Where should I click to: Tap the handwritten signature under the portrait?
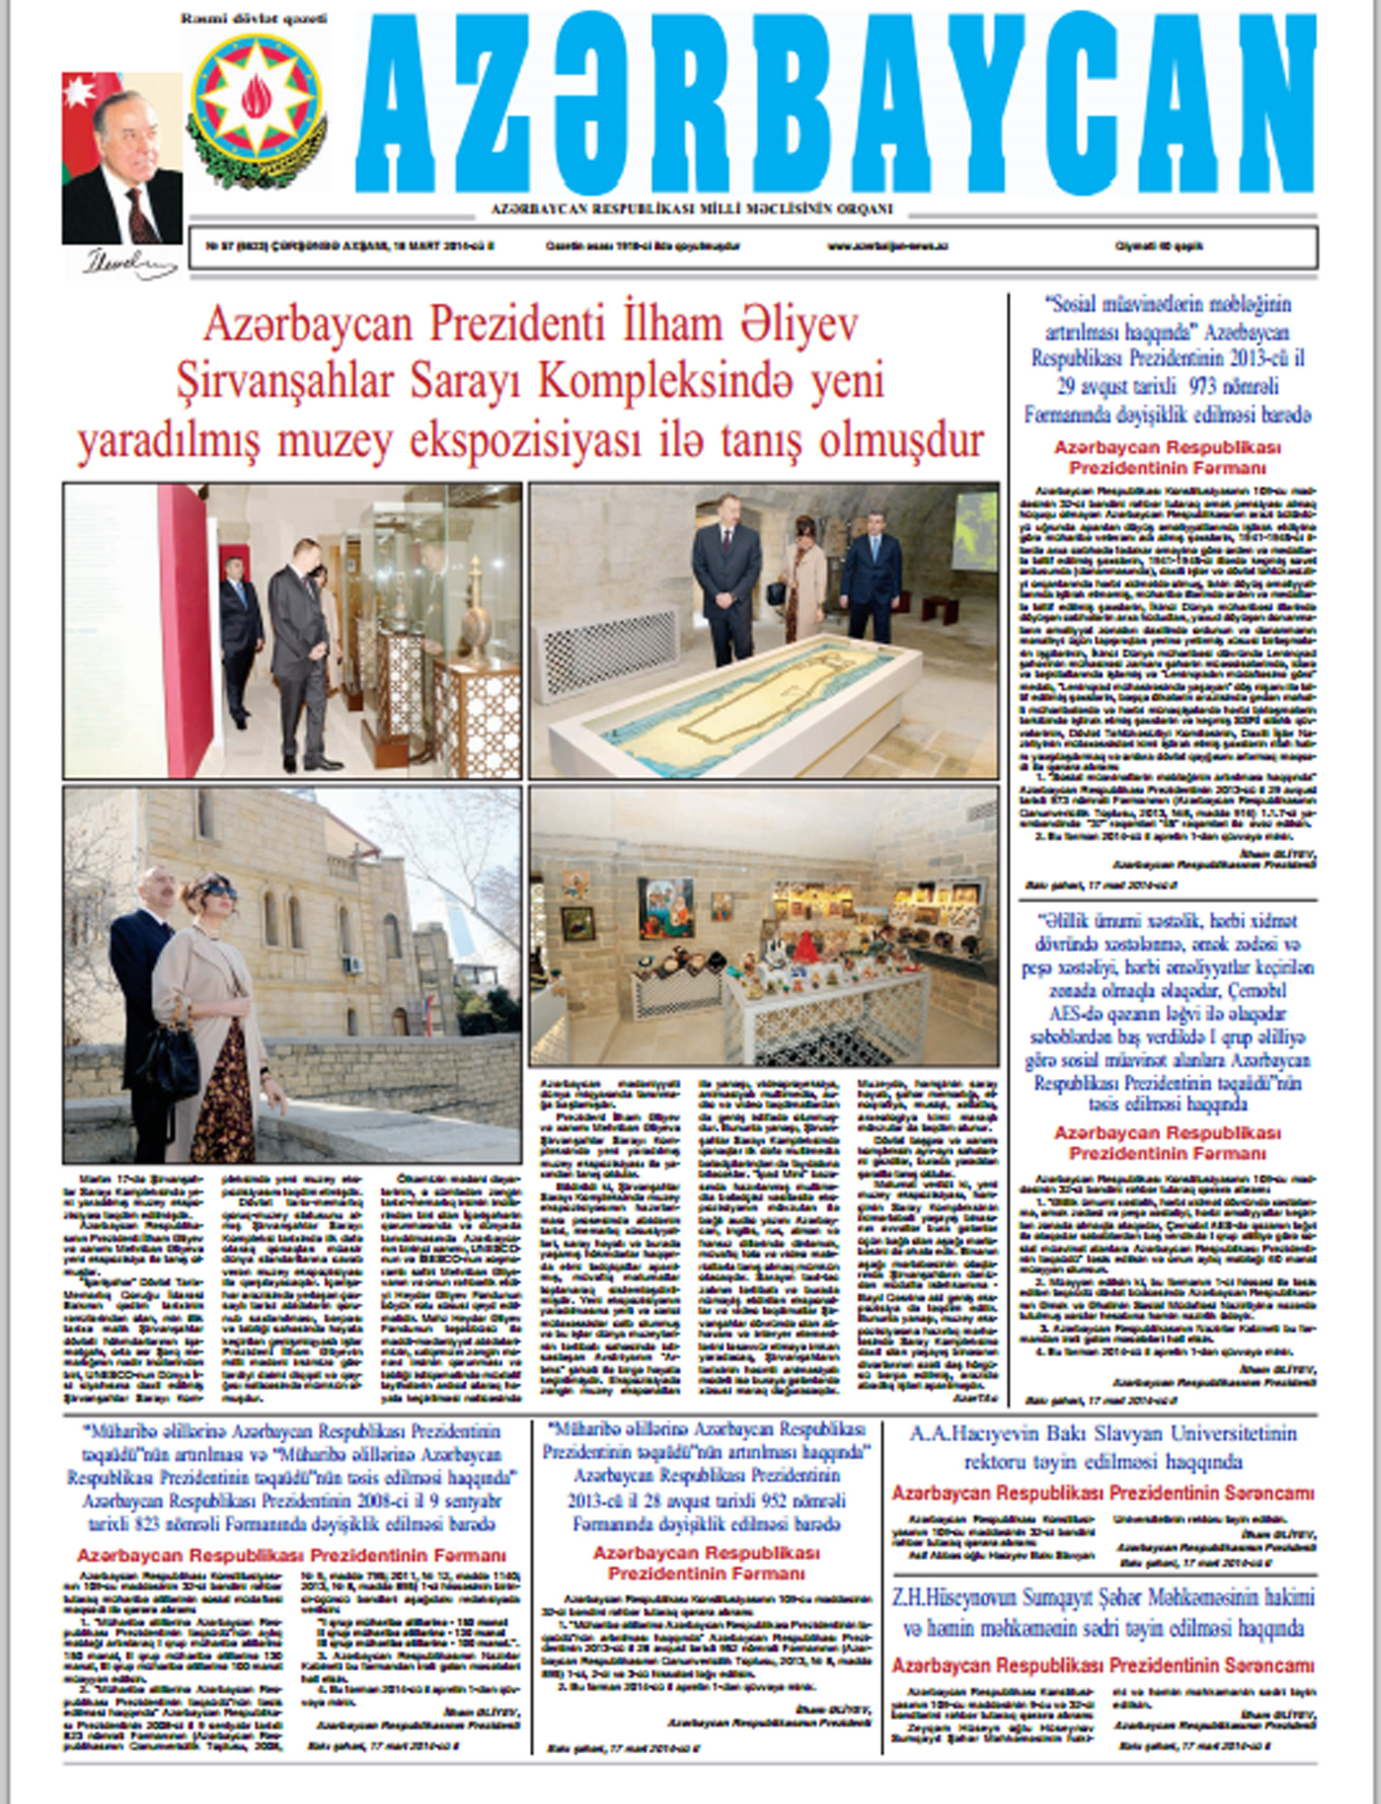pyautogui.click(x=126, y=262)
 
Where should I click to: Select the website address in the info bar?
pyautogui.click(x=887, y=247)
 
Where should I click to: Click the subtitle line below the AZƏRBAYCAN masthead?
pyautogui.click(x=692, y=210)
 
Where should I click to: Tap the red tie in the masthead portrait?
pyautogui.click(x=139, y=215)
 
